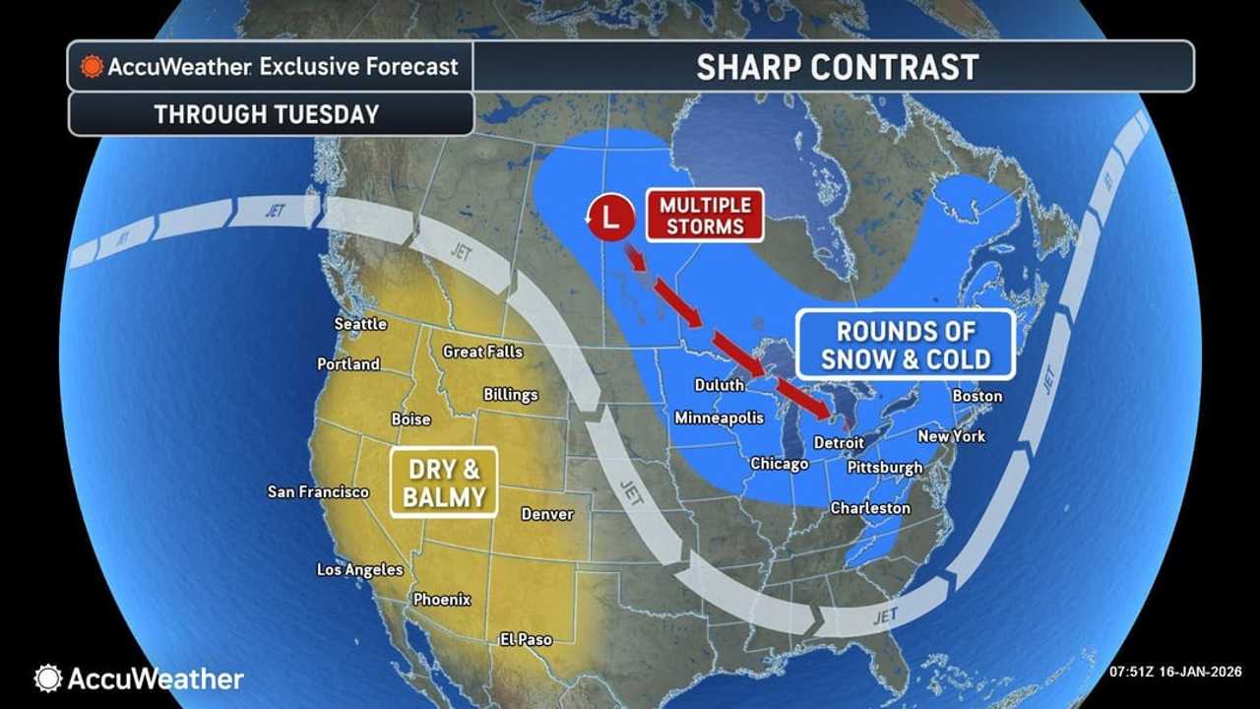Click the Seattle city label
pos(360,324)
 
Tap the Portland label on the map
pos(348,364)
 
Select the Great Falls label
pos(482,352)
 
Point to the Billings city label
pos(511,395)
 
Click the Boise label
pos(410,419)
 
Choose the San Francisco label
pos(318,492)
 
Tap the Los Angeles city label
pos(359,570)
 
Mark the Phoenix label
pos(442,600)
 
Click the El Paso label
pos(526,640)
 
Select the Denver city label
pos(547,514)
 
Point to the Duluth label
pos(720,385)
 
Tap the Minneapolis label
pos(719,419)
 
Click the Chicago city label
pos(779,464)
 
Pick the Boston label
pos(977,397)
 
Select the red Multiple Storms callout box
pos(705,215)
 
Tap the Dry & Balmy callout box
pos(443,483)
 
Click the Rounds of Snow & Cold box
pos(905,345)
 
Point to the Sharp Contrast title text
pos(837,67)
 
